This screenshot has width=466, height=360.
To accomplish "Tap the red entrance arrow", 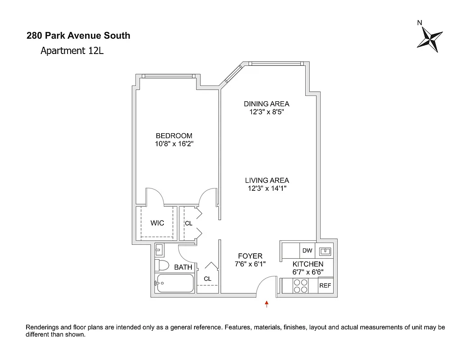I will (267, 304).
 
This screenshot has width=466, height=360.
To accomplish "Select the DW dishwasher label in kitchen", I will (308, 251).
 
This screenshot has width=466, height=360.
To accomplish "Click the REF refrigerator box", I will (325, 286).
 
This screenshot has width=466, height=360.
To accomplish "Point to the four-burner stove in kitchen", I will (300, 286).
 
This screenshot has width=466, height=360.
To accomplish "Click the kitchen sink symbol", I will (326, 251).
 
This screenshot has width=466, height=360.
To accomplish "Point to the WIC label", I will (157, 223).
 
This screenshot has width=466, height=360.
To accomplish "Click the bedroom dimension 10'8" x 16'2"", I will (174, 144).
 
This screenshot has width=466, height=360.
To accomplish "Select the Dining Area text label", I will (267, 103).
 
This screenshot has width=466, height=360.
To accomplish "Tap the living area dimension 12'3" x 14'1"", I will (267, 189).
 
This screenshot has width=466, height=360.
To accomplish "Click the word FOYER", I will (250, 256).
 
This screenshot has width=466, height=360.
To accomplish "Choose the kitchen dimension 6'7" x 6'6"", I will (308, 272).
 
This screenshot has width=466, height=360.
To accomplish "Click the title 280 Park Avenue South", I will (78, 36).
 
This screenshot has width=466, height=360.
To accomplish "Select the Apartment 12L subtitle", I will (72, 50).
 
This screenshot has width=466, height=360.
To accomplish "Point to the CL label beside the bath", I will (208, 279).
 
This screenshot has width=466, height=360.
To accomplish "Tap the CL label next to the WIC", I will (188, 223).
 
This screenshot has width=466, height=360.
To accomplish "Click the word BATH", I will (183, 267).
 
